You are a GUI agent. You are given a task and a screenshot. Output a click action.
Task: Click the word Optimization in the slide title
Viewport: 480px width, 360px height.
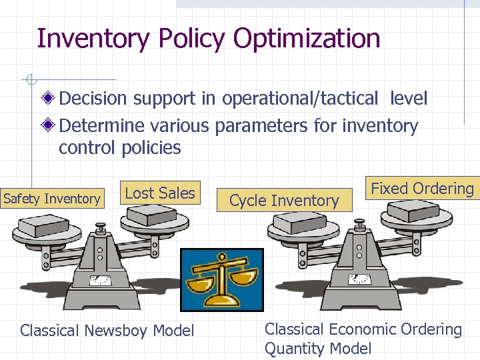pos(307,39)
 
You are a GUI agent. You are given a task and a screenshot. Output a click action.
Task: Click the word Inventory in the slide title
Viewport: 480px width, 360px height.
pos(94,39)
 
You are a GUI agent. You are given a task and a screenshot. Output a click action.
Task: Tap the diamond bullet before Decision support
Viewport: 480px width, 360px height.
pos(48,99)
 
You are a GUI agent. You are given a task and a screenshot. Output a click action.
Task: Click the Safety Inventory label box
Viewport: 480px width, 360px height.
pos(52,199)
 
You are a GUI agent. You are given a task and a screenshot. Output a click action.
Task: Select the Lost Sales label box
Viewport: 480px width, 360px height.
pos(160,193)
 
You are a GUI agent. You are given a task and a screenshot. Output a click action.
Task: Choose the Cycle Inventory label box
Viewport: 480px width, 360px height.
pos(285,200)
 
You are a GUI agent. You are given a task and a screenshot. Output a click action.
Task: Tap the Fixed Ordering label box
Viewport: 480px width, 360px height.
pos(422,189)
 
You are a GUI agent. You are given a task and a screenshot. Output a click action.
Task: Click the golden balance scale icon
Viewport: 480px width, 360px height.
pos(222,279)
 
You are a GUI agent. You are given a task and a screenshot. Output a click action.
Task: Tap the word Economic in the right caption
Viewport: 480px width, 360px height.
pos(359,329)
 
